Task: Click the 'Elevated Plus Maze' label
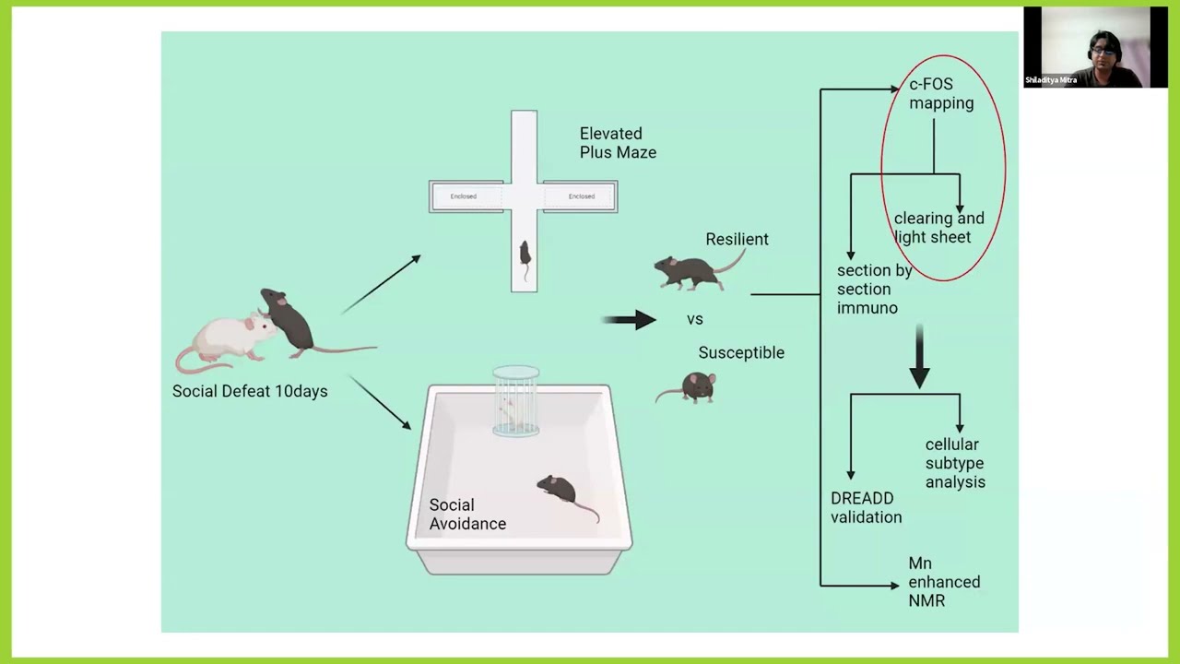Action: [x=618, y=143]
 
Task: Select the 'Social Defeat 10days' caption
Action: [x=250, y=391]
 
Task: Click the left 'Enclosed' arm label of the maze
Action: [x=463, y=196]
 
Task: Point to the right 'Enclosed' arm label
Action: [x=581, y=196]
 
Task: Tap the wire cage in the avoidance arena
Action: [x=515, y=401]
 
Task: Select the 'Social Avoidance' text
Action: [x=467, y=515]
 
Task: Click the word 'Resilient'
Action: [x=737, y=239]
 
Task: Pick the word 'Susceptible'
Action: [x=741, y=352]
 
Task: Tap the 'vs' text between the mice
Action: [x=695, y=319]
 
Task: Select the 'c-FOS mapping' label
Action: [x=941, y=94]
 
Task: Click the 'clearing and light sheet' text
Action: [x=938, y=228]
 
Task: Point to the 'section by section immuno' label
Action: [x=874, y=290]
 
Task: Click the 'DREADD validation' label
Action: [x=866, y=508]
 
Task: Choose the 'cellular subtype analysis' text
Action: [x=955, y=463]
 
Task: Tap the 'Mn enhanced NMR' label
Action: [x=944, y=582]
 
